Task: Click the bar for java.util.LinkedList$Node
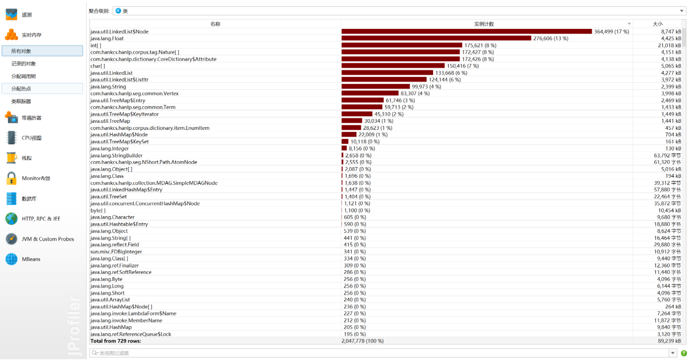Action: point(466,32)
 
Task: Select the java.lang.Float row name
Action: point(107,39)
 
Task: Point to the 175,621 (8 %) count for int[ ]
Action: point(480,46)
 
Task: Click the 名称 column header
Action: point(215,24)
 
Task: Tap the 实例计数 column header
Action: point(484,24)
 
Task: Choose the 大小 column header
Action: point(658,24)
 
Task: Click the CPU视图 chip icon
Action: point(12,138)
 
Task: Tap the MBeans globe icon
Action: point(12,259)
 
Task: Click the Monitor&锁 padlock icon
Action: point(12,178)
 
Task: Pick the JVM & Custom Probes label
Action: point(48,239)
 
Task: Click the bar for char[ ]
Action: point(393,66)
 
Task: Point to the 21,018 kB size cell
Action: point(669,46)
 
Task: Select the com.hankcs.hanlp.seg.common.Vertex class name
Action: point(135,94)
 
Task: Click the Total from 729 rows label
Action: point(116,341)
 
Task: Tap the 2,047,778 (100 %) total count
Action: point(362,341)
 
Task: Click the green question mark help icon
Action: point(683,353)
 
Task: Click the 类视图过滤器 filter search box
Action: point(379,353)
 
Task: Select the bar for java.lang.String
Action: point(375,87)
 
